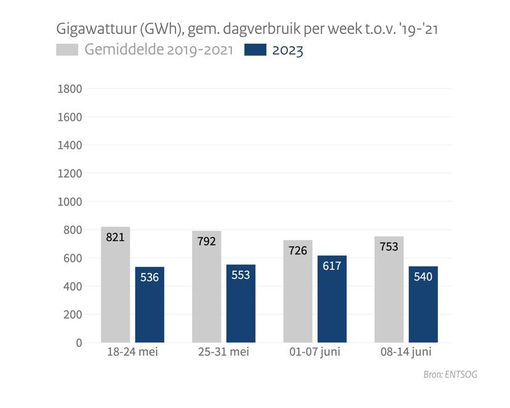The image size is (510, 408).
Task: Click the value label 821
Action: [x=115, y=237]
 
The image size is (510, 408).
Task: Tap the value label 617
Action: [x=332, y=266]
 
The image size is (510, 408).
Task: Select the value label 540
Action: [x=423, y=277]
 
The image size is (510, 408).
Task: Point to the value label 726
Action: [x=298, y=250]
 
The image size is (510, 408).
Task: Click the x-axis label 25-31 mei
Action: [x=223, y=353]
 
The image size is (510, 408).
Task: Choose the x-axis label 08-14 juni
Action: [x=406, y=353]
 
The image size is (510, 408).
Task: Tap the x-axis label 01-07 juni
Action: [x=315, y=353]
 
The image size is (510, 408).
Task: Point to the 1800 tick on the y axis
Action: [x=70, y=89]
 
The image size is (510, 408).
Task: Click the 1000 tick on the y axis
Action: [x=70, y=202]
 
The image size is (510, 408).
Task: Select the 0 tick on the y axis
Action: [x=79, y=343]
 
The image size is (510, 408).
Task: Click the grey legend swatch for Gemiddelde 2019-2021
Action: [x=67, y=50]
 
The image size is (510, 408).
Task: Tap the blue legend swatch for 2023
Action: [x=255, y=50]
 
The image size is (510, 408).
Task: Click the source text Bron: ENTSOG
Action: [x=450, y=375]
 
